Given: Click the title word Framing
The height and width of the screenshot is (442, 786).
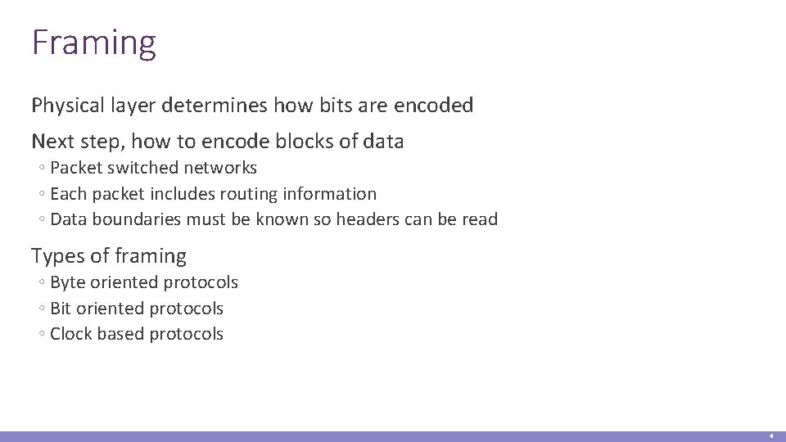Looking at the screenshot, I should (93, 43).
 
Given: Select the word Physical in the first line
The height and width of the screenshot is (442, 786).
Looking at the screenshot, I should (65, 106).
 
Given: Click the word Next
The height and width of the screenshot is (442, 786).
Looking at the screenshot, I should (52, 142).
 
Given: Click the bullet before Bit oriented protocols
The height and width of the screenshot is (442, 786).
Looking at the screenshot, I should (40, 309).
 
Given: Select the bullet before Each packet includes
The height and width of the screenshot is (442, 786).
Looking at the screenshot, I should (40, 195).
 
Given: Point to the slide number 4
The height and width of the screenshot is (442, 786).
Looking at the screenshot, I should (770, 436).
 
